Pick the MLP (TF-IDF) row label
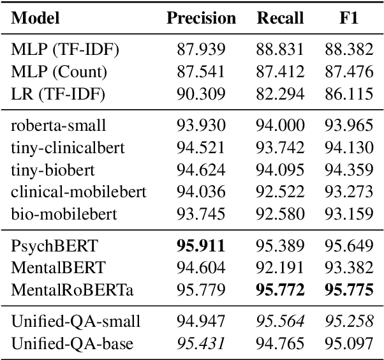tap(57, 49)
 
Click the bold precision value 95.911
tap(201, 244)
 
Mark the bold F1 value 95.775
tap(349, 290)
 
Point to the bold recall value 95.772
tap(280, 290)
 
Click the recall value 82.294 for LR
tap(280, 94)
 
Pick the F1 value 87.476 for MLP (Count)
tap(349, 71)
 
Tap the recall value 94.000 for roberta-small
tap(280, 125)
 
